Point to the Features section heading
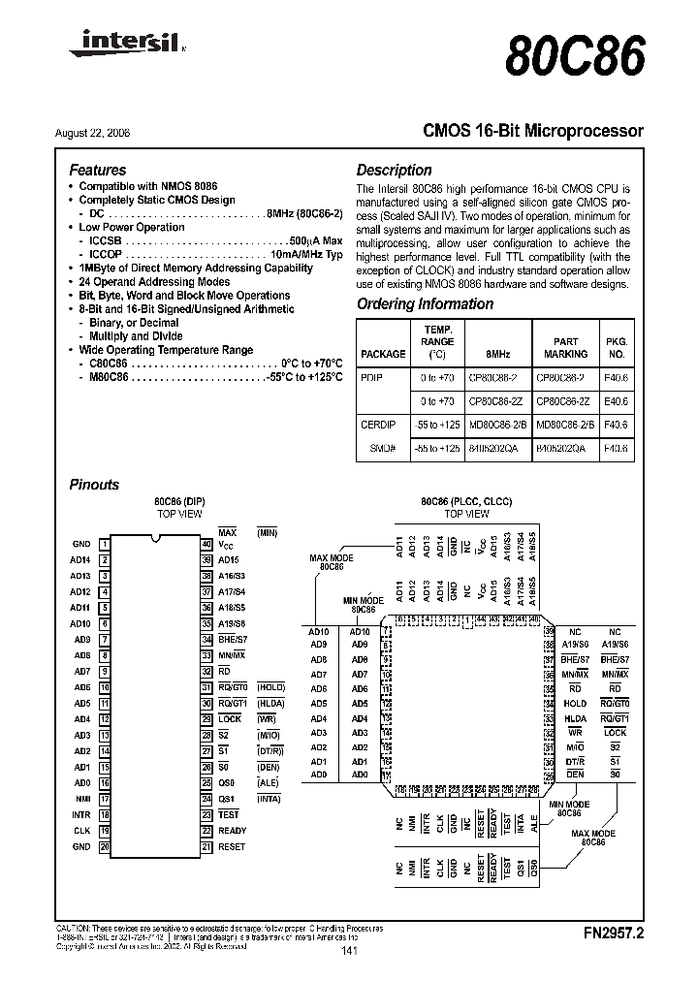[98, 170]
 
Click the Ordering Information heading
[425, 303]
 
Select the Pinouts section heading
[94, 485]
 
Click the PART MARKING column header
[565, 347]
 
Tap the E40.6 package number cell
[617, 399]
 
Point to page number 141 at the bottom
[350, 953]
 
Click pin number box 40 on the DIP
[206, 545]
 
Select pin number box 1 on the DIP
[104, 545]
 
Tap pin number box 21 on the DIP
[206, 846]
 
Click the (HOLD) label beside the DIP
[270, 687]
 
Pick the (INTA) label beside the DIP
[268, 799]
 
